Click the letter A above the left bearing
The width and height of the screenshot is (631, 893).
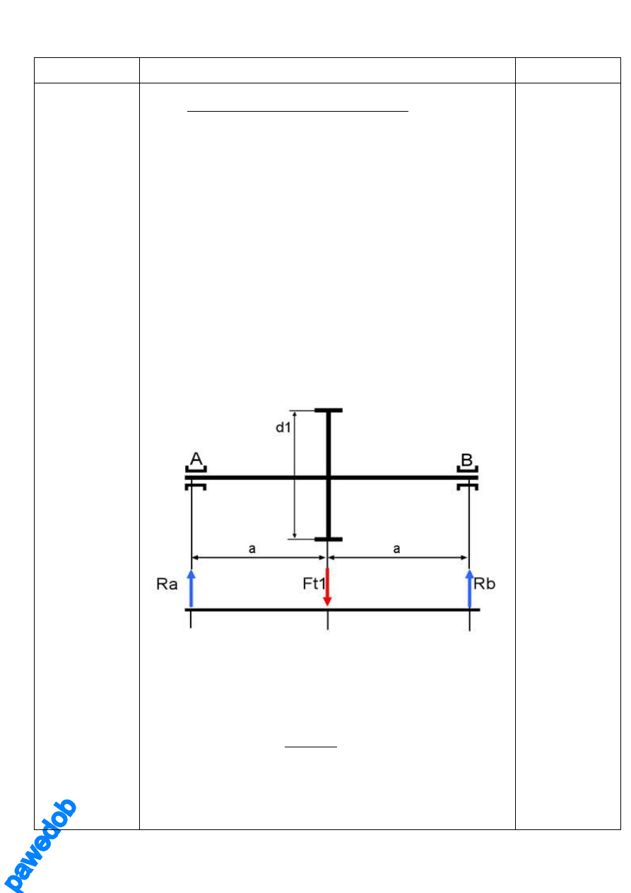[x=196, y=459]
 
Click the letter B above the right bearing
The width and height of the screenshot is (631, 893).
[x=466, y=460]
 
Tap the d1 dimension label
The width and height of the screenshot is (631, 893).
[x=283, y=428]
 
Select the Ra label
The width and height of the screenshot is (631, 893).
[x=167, y=585]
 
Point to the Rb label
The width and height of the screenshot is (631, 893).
[x=485, y=584]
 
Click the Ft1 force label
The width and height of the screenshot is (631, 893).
[x=314, y=583]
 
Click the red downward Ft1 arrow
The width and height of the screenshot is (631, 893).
[x=327, y=586]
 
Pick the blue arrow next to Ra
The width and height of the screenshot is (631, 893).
[x=191, y=588]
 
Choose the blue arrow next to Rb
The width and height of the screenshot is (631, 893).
[x=470, y=588]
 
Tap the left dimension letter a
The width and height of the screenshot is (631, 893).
[x=252, y=549]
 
